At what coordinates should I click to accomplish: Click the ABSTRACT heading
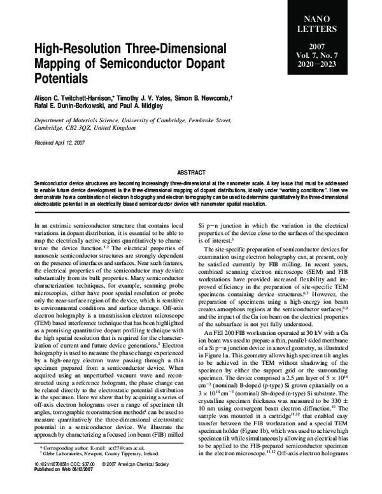tap(190, 172)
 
